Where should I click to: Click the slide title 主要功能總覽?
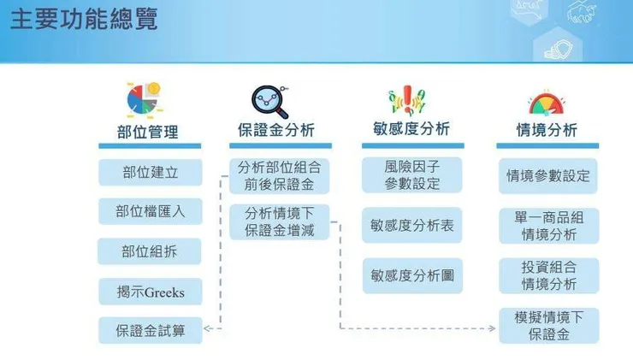[85, 20]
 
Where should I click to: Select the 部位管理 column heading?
[148, 133]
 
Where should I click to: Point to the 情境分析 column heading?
[547, 131]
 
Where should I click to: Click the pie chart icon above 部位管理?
[143, 99]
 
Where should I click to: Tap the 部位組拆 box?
[150, 251]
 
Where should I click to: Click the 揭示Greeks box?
[150, 292]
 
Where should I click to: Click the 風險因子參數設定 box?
[411, 175]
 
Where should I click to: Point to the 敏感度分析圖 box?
[411, 276]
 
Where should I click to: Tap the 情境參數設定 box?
[548, 176]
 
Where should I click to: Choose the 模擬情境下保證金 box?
[548, 326]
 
